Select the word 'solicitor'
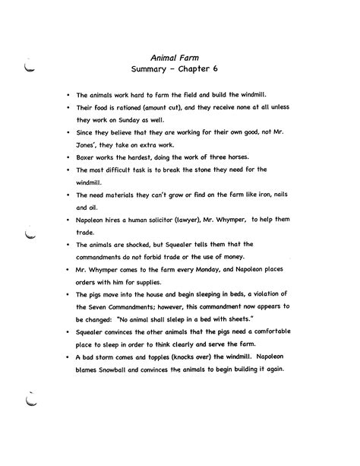tap(169, 221)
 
